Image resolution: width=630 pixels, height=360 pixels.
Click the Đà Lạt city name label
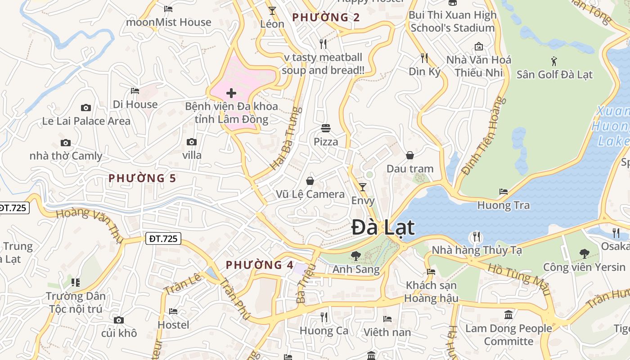382,227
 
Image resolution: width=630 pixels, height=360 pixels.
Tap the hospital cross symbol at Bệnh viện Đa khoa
231,93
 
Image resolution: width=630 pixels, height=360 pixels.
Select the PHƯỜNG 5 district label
142,178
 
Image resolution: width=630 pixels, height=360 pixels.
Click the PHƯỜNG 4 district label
260,265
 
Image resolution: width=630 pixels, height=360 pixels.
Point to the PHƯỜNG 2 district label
326,18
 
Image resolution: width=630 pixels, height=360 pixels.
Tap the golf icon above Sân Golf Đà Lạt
554,61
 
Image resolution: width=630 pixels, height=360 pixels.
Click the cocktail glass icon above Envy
363,187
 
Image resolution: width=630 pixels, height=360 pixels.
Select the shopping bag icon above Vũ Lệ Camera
310,181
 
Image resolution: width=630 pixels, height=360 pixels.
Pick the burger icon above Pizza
326,128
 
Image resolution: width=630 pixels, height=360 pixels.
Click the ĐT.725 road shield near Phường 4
163,238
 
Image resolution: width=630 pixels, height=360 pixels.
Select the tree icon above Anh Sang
355,256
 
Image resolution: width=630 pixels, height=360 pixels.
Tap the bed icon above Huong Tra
504,192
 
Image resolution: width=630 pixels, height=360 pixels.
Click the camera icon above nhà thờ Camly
66,143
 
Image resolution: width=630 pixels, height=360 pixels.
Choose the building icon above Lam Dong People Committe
508,315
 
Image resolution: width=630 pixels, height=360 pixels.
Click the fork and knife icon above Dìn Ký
424,58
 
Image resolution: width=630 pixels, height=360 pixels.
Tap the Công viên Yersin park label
584,267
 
